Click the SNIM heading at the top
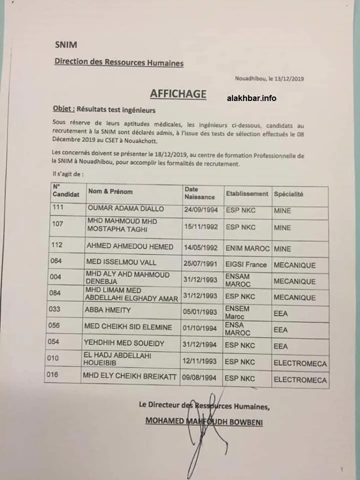(x=66, y=44)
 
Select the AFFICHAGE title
(x=178, y=94)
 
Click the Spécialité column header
(x=288, y=194)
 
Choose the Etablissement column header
(x=247, y=193)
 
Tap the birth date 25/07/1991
(x=200, y=263)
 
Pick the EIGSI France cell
(x=246, y=264)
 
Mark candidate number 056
(x=59, y=326)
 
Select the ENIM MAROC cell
(x=248, y=248)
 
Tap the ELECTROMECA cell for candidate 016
(x=300, y=380)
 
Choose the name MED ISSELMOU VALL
(x=122, y=262)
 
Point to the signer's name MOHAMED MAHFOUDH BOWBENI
(x=204, y=422)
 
